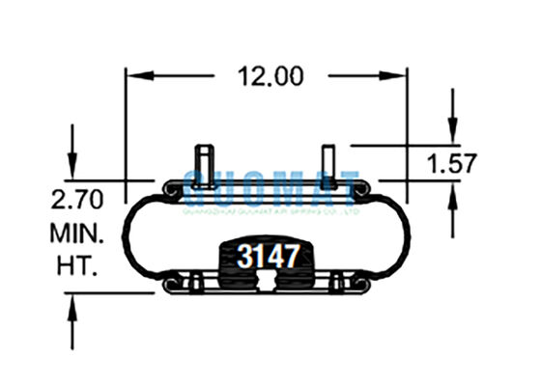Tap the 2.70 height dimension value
tap(74, 204)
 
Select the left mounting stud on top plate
tap(206, 160)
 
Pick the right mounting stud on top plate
tap(328, 160)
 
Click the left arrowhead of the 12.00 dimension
tap(134, 75)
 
